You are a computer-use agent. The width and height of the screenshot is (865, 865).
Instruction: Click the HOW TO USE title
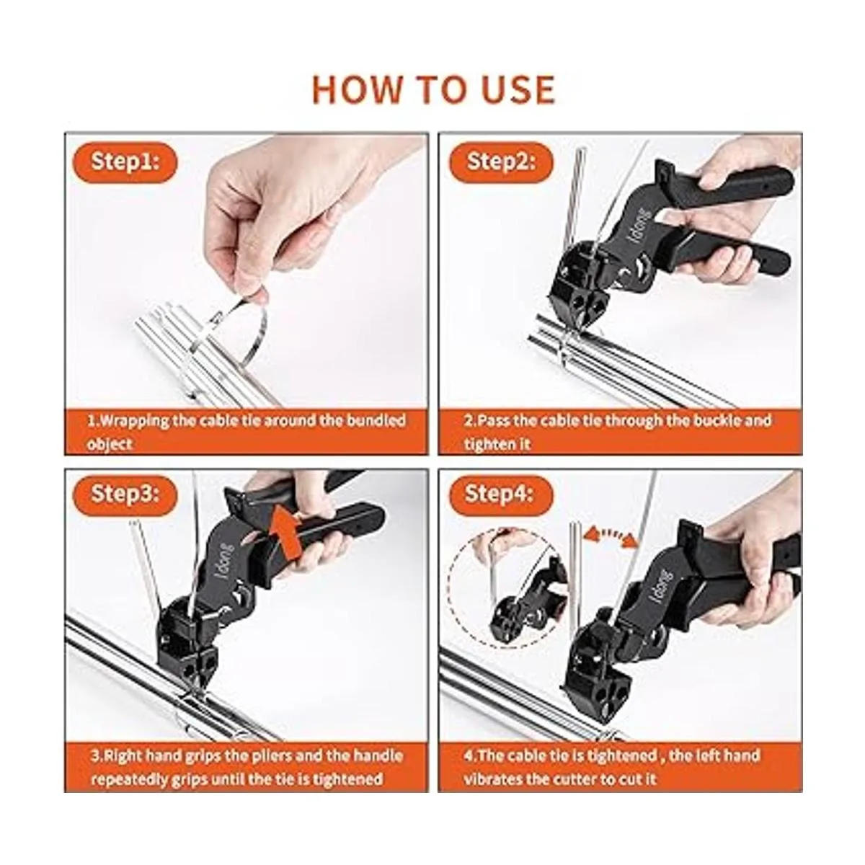[433, 90]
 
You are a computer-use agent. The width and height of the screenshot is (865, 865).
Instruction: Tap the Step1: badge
[125, 161]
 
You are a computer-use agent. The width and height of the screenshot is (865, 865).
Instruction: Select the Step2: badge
[501, 161]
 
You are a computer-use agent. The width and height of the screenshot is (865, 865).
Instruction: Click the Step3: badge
[125, 494]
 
